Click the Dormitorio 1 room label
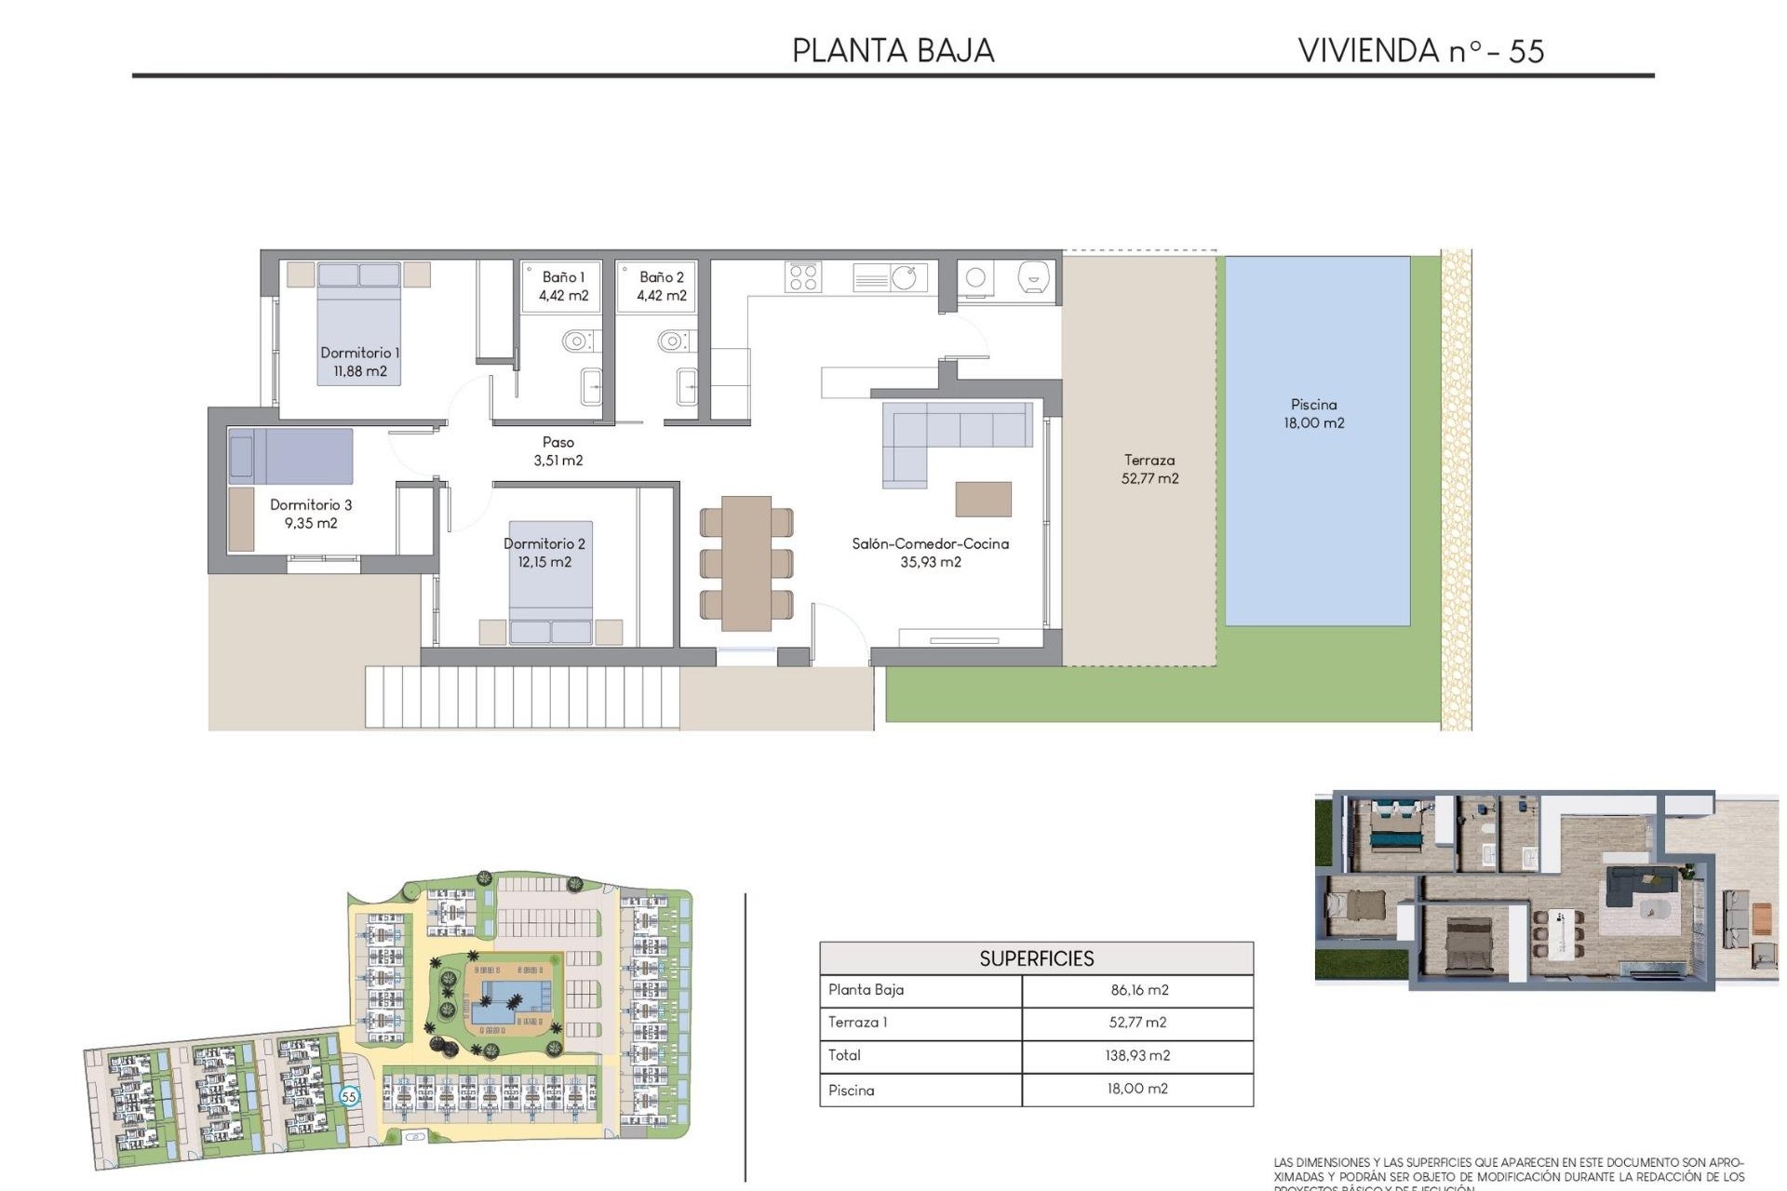(x=359, y=362)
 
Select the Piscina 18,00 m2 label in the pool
(x=1313, y=413)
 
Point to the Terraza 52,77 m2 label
(x=1149, y=469)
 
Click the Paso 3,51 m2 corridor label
(x=558, y=451)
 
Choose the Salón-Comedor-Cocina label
(x=930, y=553)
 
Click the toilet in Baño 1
(x=577, y=341)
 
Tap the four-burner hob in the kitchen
(x=802, y=277)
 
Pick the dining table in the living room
(x=746, y=562)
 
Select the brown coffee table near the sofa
(x=983, y=499)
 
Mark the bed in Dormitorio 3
(x=290, y=456)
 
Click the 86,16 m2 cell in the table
(x=1138, y=990)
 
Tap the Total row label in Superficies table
(x=845, y=1055)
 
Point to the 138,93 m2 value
(x=1138, y=1055)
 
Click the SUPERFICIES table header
(x=1036, y=958)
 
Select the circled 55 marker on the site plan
(x=349, y=1096)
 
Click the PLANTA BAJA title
(x=893, y=51)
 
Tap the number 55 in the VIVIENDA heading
(x=1526, y=51)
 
